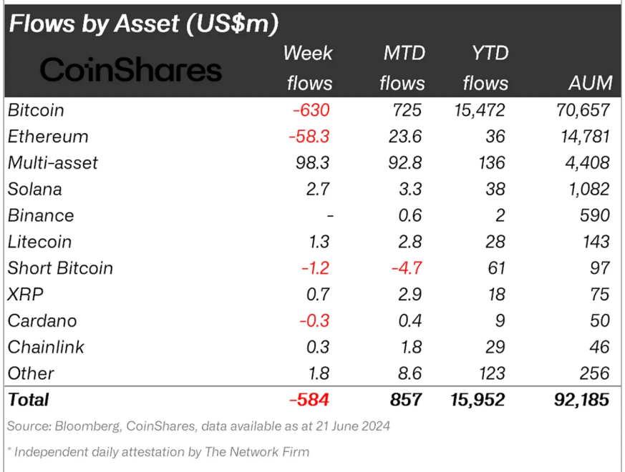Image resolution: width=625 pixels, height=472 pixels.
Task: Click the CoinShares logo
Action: coord(130,70)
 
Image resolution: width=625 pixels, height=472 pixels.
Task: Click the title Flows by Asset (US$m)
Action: coord(142,24)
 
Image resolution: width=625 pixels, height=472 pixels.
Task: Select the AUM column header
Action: coord(591,83)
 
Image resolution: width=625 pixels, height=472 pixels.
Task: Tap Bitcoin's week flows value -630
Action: coord(309,110)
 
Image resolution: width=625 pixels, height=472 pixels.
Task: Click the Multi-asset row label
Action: coord(53,163)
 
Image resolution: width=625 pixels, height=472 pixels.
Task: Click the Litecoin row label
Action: coord(39,242)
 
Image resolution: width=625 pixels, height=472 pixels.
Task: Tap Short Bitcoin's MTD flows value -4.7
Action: coord(407,268)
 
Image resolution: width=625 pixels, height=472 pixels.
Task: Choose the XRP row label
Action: coord(25,295)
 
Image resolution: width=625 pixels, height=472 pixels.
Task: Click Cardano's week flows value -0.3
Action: coord(313,321)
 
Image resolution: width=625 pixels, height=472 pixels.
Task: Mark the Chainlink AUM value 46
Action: coord(599,347)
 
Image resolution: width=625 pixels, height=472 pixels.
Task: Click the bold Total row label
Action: coord(29,399)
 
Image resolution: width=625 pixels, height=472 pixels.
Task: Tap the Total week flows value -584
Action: coord(309,399)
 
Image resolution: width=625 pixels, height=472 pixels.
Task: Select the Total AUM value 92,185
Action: coord(581,399)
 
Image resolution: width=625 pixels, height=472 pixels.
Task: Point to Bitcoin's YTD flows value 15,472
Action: coord(479,110)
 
